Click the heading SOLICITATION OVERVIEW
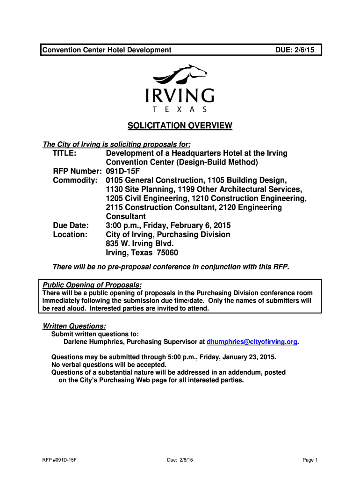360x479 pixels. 180,125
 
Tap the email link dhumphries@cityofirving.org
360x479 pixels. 252,342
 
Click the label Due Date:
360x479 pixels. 71,225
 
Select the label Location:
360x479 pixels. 70,234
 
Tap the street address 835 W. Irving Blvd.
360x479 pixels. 140,244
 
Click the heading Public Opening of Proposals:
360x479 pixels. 92,285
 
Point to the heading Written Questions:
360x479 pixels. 74,326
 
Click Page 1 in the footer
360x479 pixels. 310,460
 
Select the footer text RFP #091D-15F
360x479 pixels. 59,460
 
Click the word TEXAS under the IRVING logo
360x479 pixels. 180,109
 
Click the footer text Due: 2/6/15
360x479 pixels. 180,460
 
